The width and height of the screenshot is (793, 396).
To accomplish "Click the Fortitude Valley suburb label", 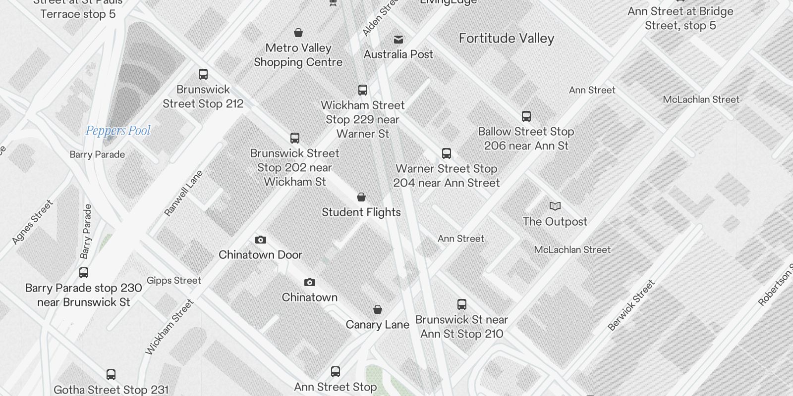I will pos(506,39).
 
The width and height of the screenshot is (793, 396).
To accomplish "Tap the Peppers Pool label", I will pos(118,131).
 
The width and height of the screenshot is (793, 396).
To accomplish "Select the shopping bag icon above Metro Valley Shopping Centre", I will pos(298,33).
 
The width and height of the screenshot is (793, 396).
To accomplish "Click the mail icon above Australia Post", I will pos(398,39).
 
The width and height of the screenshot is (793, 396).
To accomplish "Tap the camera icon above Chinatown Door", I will pos(261,240).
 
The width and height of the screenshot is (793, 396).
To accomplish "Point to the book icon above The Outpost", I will pos(555,206).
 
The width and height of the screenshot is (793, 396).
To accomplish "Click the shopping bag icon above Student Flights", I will pos(361,197).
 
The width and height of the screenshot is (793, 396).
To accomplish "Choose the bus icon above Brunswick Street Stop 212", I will pos(203,74).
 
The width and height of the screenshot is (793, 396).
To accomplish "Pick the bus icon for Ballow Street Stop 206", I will pos(526,116).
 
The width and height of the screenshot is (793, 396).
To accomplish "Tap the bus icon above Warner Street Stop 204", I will pos(447,153).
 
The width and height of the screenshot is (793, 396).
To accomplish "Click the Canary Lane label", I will pos(378,325).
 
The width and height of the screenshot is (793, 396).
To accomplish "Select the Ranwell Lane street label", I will pos(183,193).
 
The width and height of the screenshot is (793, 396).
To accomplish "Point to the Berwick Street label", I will pos(631,305).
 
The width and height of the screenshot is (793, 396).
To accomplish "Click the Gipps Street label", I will pos(174,281).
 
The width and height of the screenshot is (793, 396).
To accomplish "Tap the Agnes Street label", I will pos(32,222).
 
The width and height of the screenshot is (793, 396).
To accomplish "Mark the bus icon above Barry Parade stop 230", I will pos(84,273).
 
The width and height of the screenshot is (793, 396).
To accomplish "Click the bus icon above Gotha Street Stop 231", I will pos(111,375).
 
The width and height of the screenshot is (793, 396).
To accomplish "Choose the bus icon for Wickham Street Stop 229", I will pos(363,90).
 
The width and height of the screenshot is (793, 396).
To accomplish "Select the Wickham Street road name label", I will pos(169,327).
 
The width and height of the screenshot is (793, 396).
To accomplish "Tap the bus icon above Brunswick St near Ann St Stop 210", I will pos(462,304).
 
